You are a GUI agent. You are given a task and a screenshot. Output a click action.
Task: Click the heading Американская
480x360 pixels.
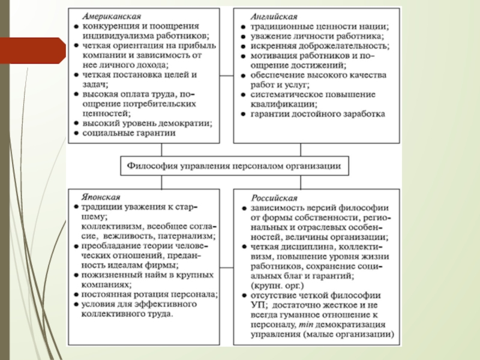coord(107,16)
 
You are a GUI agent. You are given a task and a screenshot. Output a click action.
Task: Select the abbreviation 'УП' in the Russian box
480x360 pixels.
coord(256,305)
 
